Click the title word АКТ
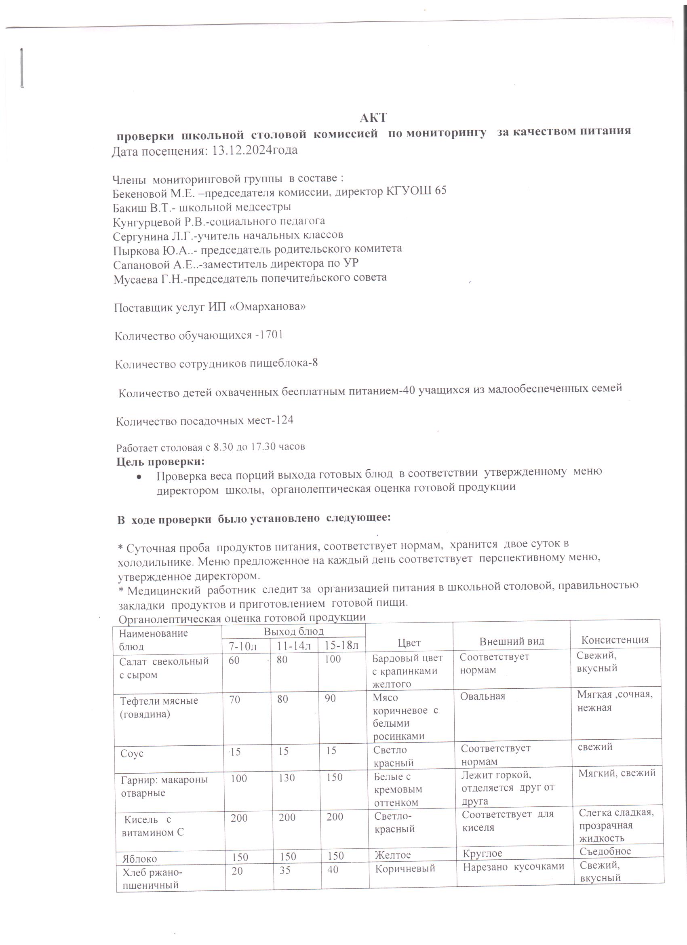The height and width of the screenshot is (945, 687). point(373,118)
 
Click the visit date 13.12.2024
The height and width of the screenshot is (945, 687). point(241,150)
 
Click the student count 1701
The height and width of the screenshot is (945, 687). point(271,335)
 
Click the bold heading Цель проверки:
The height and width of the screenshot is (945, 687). point(160,462)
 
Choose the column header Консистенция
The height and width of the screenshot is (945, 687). point(615,640)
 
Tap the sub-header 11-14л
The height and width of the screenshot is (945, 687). point(294,646)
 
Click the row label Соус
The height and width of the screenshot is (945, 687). point(132,754)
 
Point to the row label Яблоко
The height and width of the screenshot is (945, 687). point(139,859)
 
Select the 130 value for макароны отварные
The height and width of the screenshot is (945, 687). point(287,778)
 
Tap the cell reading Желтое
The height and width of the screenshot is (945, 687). point(392,855)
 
